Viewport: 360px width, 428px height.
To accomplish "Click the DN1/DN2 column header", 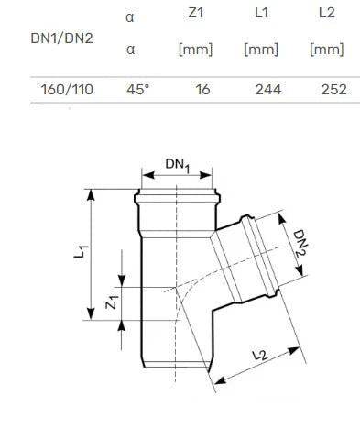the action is [x=61, y=38].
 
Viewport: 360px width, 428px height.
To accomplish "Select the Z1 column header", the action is [x=196, y=13].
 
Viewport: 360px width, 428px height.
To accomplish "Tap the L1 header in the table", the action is [x=261, y=13].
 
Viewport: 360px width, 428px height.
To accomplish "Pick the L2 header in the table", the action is [x=327, y=13].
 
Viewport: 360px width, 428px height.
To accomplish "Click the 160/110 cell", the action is [x=67, y=90].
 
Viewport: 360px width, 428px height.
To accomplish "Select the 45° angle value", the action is [x=138, y=90].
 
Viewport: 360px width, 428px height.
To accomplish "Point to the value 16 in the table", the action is [x=202, y=90].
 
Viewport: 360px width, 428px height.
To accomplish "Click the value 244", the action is [x=268, y=90].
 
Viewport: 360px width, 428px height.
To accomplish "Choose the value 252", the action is [x=334, y=90].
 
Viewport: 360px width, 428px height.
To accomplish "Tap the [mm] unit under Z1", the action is [x=195, y=49].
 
